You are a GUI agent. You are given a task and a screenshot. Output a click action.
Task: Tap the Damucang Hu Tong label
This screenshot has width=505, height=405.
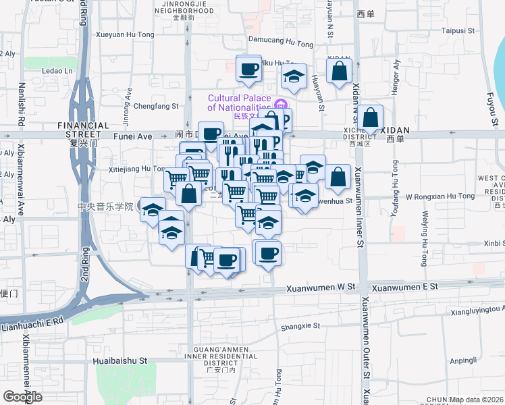281,42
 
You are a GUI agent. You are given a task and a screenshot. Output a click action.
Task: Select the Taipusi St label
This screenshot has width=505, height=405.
458,30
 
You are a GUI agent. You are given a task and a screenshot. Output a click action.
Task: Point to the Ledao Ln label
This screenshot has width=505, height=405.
57,70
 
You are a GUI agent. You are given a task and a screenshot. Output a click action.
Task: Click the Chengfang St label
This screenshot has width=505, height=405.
156,106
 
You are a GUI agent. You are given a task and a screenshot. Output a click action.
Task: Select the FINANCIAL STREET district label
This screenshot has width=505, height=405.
83,126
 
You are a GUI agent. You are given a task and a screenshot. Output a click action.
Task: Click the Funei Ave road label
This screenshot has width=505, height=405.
133,136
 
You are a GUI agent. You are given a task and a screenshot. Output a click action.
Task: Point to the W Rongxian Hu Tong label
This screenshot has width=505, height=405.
440,196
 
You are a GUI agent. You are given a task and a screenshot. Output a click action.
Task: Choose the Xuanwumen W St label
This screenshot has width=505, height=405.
321,288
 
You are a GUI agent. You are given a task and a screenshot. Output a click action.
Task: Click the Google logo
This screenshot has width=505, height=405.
22,397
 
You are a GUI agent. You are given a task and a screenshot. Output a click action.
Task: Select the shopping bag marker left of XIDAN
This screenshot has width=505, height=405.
371,118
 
